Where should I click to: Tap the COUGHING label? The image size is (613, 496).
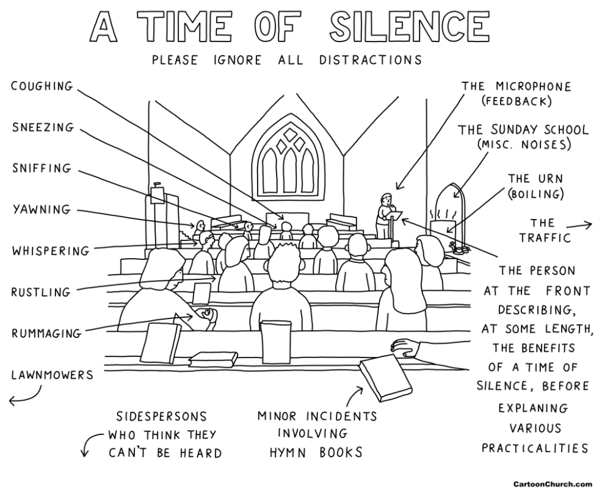42,86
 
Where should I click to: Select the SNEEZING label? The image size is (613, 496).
42,128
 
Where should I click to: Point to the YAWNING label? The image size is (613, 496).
42,209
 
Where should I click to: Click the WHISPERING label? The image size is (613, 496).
50,251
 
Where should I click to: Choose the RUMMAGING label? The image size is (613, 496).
46,333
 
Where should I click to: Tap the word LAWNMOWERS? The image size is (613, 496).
52,375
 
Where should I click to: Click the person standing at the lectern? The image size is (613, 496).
385,214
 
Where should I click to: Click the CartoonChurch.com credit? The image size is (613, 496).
552,484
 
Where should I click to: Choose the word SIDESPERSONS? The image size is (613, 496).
162,417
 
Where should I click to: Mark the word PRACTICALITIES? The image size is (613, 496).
535,448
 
